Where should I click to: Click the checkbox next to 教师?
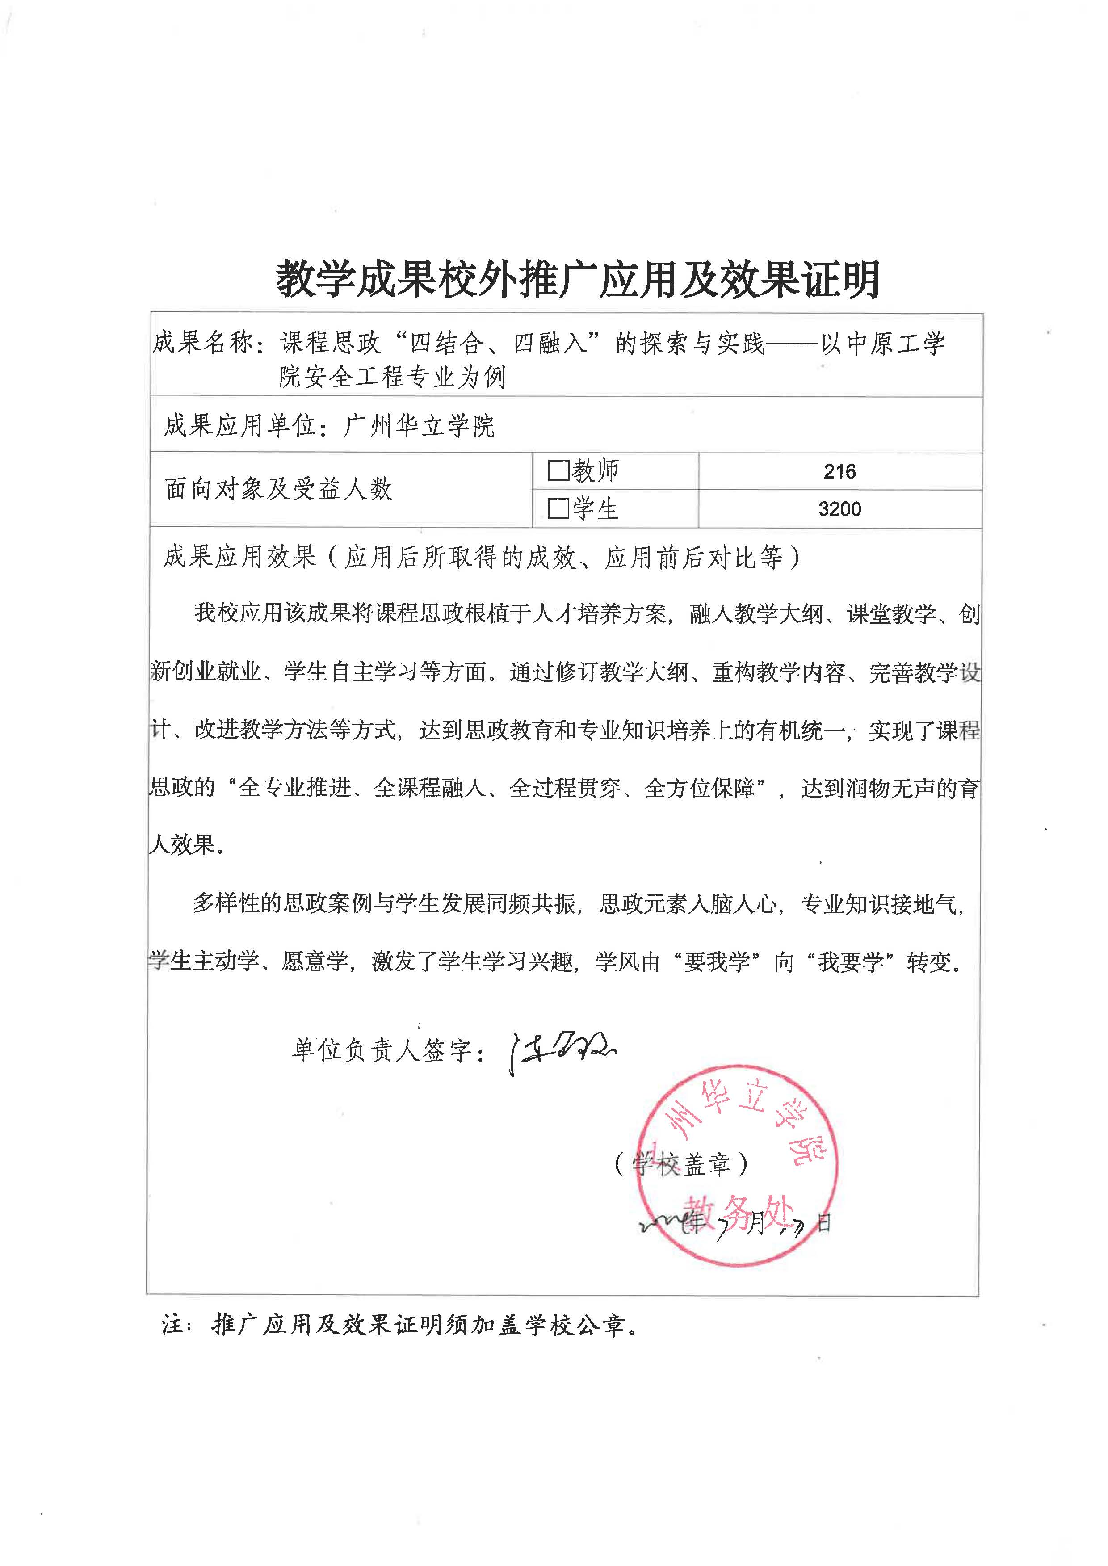pos(558,471)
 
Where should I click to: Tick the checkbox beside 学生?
pos(558,509)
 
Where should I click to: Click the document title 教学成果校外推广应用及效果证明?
pos(577,279)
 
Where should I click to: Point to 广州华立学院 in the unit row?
pos(419,426)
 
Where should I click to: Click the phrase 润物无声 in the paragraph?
pos(889,789)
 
